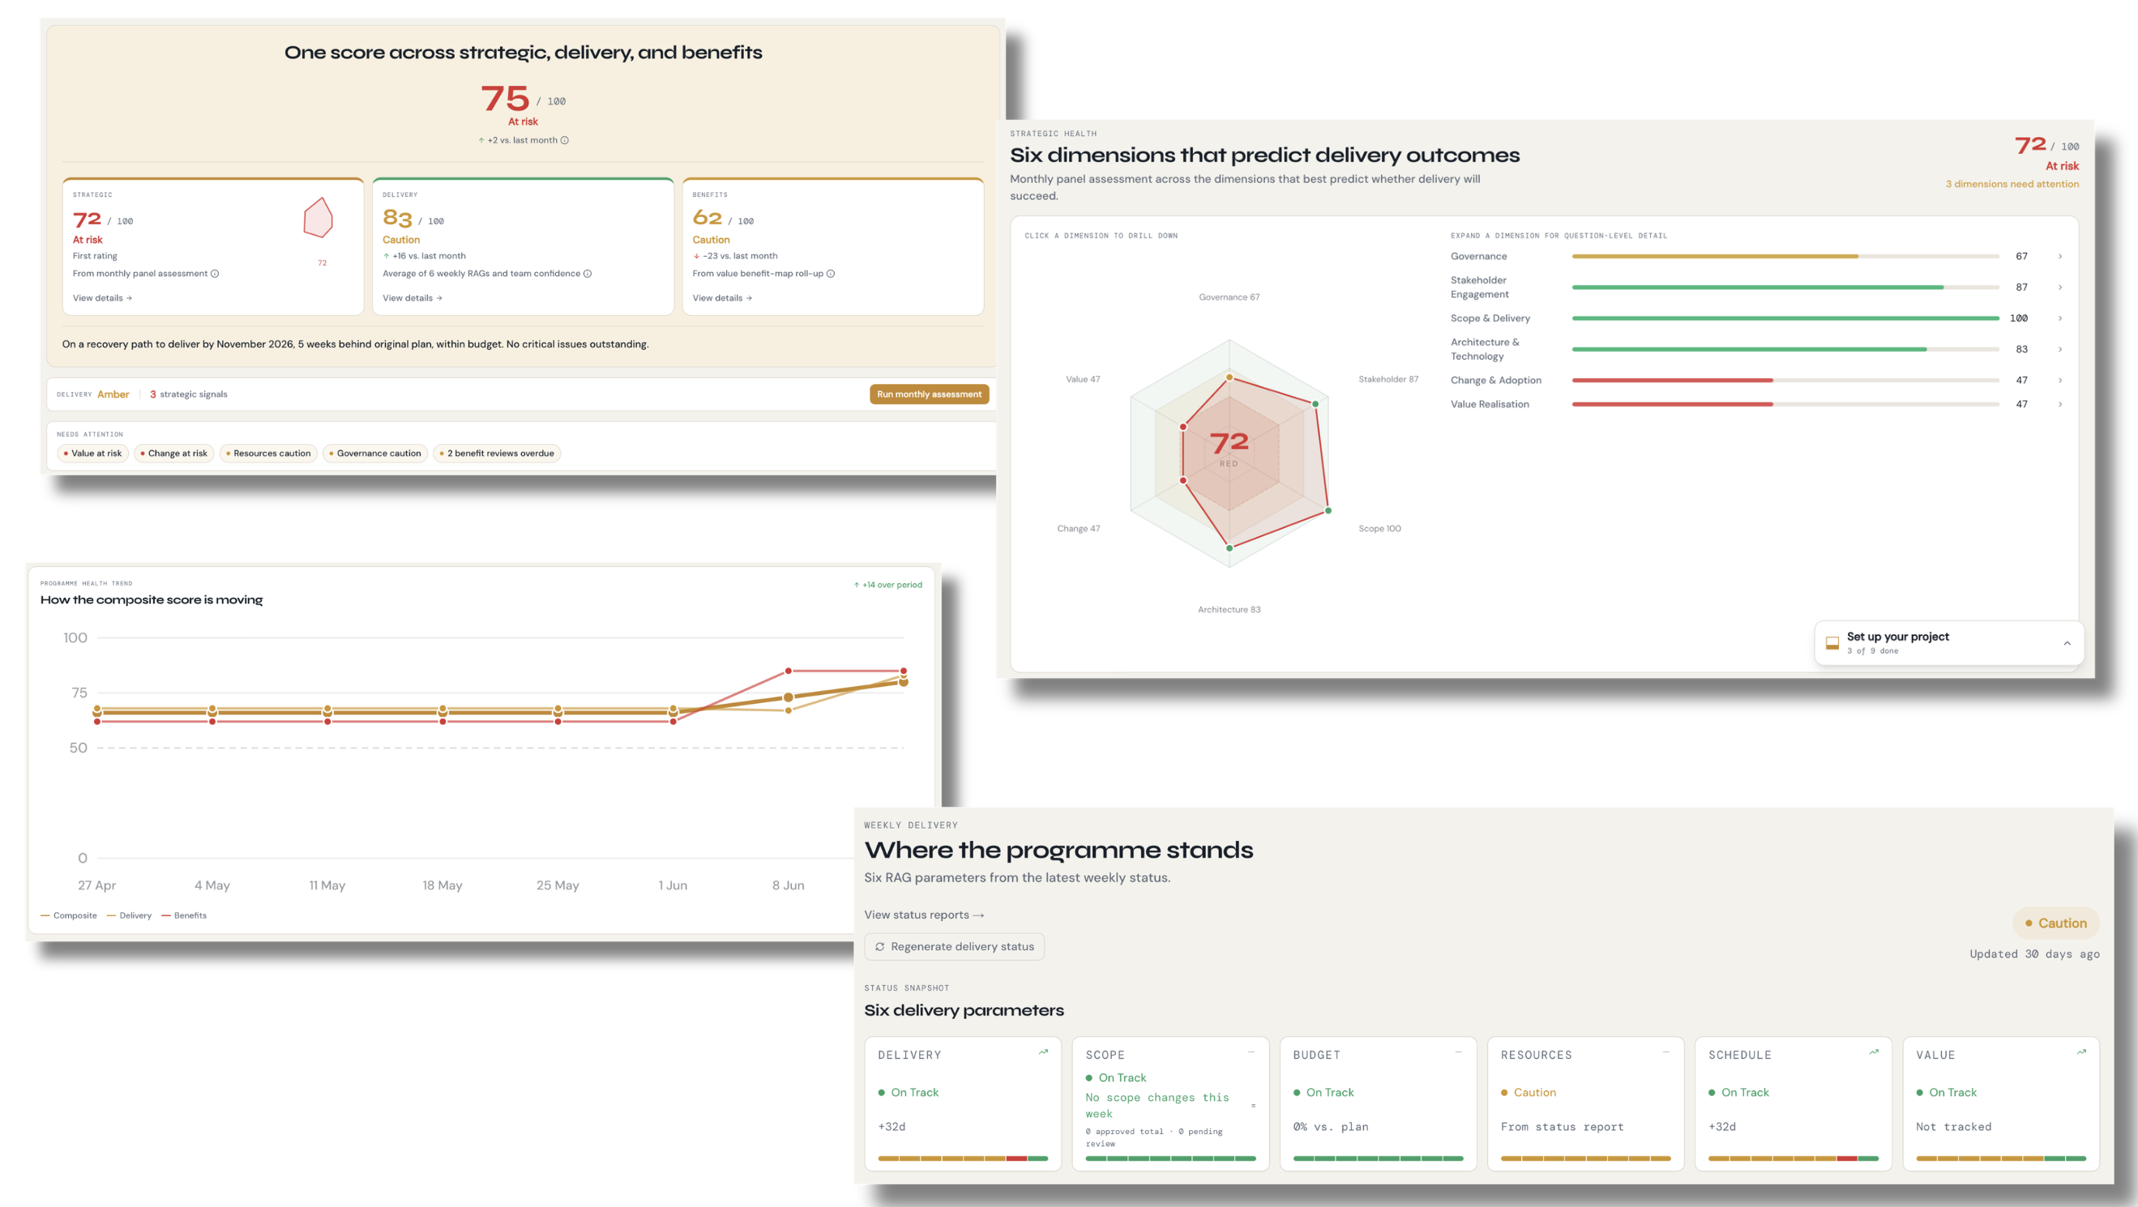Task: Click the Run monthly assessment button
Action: (x=929, y=394)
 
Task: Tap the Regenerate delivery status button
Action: (x=954, y=946)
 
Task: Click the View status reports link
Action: (x=924, y=915)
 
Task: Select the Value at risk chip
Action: (x=92, y=453)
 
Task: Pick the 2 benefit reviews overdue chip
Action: (x=496, y=453)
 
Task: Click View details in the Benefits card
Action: (x=722, y=298)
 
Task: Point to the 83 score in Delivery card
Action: (x=398, y=218)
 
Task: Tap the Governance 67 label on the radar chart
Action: (x=1229, y=297)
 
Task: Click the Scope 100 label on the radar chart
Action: (x=1379, y=528)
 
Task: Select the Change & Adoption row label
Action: (x=1495, y=380)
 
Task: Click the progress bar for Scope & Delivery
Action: (x=1785, y=318)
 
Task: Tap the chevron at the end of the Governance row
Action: (x=2060, y=256)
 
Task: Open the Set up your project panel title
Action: (x=1897, y=636)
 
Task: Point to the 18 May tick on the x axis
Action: (x=443, y=885)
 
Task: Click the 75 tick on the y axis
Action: (x=79, y=693)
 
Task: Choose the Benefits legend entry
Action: (x=184, y=916)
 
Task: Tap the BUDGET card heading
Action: (x=1316, y=1056)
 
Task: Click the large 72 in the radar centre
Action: (x=1229, y=442)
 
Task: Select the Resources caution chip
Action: (x=268, y=453)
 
